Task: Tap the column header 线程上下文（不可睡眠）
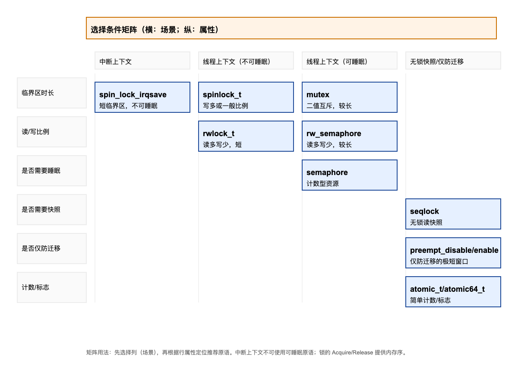(246, 61)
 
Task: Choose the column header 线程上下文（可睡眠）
(350, 61)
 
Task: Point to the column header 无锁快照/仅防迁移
(453, 61)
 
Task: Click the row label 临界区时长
(52, 93)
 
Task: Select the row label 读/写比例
(52, 132)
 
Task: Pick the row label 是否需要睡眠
(52, 171)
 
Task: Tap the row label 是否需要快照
(52, 210)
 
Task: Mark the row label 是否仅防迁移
(52, 249)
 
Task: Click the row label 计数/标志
(52, 287)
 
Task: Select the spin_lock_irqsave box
(142, 97)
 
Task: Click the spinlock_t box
(246, 97)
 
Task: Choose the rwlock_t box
(246, 136)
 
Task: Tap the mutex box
(350, 97)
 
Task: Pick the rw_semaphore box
(350, 136)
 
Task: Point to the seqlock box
(453, 214)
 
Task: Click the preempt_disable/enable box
(453, 253)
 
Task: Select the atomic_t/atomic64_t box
(453, 292)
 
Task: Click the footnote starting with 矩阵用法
(246, 353)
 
